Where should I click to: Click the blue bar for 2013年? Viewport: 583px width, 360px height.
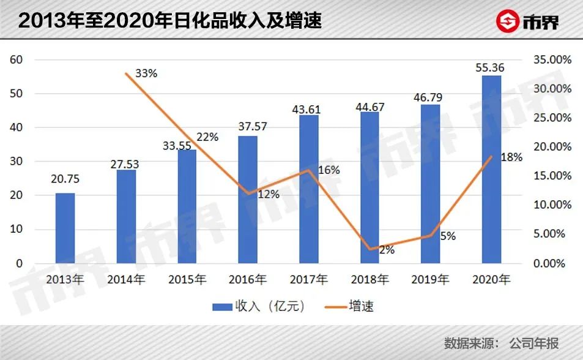click(65, 228)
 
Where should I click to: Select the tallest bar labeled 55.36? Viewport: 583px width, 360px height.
click(491, 170)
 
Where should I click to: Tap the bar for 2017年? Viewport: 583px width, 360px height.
click(308, 189)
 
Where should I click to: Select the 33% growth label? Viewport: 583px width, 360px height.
click(146, 73)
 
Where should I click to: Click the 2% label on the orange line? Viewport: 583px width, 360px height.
click(387, 250)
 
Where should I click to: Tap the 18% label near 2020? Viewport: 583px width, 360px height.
click(511, 157)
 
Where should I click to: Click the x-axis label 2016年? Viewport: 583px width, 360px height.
click(248, 280)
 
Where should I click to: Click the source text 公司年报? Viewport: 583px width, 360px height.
click(534, 343)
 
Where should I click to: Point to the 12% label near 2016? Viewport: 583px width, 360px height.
click(268, 195)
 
